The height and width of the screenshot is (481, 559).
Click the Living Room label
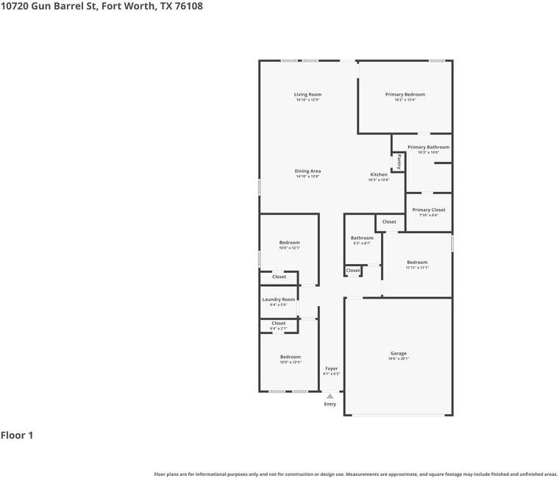(307, 94)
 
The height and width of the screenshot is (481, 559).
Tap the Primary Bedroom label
(405, 94)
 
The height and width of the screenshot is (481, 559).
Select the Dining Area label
(307, 171)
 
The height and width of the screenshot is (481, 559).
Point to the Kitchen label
(378, 174)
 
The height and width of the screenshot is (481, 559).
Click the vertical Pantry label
(399, 161)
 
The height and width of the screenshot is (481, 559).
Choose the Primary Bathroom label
(428, 147)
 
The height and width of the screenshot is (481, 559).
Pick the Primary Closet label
(428, 210)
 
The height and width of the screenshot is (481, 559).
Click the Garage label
(398, 353)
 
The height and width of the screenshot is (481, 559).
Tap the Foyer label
(331, 368)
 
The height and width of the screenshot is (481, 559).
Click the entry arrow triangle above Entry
(330, 396)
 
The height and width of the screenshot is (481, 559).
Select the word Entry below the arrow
(330, 404)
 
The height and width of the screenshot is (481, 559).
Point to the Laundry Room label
(278, 299)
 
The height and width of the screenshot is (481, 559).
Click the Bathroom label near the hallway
(362, 238)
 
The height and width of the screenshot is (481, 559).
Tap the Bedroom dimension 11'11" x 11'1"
(417, 268)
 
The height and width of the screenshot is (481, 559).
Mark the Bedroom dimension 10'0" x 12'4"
(290, 363)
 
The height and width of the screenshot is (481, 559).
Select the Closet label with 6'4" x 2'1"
(278, 323)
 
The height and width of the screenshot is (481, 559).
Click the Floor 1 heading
(17, 435)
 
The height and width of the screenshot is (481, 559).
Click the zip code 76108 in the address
(188, 6)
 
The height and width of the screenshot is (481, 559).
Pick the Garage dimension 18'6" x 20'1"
(398, 359)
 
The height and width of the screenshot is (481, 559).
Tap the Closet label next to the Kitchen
(389, 221)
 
